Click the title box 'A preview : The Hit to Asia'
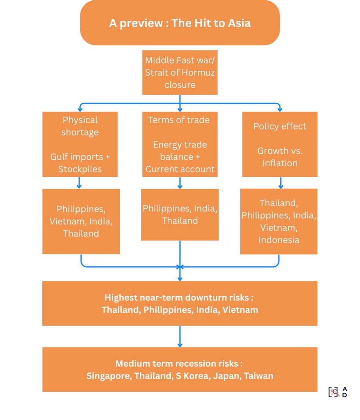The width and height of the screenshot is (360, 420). click(x=180, y=23)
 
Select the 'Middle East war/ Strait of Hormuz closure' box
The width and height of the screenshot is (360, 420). click(x=180, y=72)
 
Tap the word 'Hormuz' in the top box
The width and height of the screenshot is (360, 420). click(x=198, y=72)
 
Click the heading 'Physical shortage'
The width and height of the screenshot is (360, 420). click(x=80, y=126)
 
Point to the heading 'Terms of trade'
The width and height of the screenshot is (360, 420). click(x=179, y=120)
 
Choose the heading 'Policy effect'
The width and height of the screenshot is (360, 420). click(x=280, y=126)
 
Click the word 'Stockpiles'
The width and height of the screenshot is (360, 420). click(x=80, y=169)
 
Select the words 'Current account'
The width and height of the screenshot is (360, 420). click(x=180, y=169)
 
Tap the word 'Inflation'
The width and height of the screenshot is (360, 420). click(x=280, y=163)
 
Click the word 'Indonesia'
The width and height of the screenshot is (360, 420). click(x=279, y=240)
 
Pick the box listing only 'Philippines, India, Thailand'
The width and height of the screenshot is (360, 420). click(x=180, y=215)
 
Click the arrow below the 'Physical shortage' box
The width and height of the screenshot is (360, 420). click(x=79, y=183)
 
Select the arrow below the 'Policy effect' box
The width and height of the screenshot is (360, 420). click(x=280, y=183)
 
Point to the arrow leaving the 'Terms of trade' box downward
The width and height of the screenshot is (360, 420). click(x=180, y=183)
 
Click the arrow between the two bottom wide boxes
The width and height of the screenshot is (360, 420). click(x=180, y=336)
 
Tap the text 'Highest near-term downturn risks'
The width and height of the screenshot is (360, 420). click(x=179, y=297)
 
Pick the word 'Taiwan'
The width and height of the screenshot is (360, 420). click(x=259, y=376)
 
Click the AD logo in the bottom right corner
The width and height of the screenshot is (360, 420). click(x=338, y=392)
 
